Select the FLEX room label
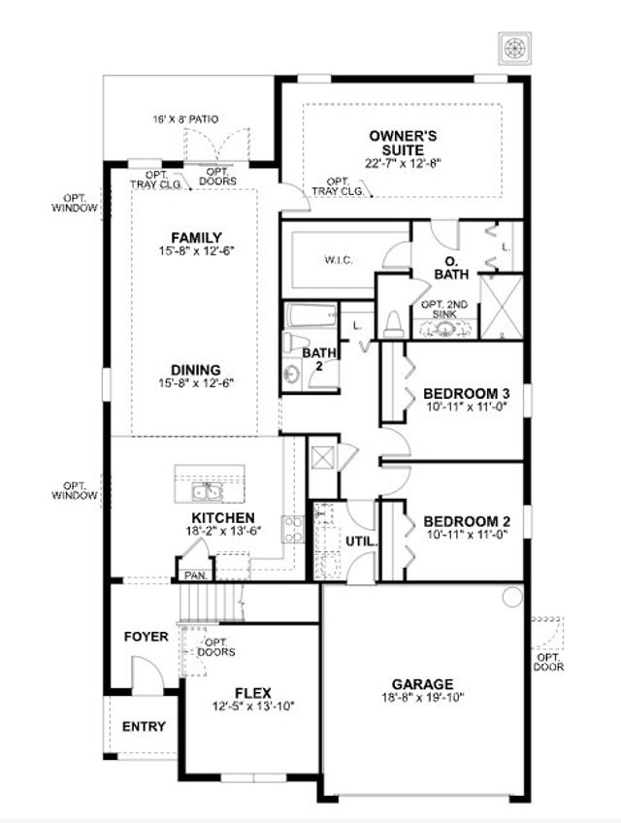252,693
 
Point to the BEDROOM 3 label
467,393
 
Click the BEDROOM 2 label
467,520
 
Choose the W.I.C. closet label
337,261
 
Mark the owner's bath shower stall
503,307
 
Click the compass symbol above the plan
512,48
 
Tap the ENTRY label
143,726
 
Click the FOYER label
146,637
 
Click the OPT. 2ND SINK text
444,309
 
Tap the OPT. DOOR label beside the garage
549,662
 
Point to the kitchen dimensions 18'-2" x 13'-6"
223,532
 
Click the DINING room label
196,370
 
